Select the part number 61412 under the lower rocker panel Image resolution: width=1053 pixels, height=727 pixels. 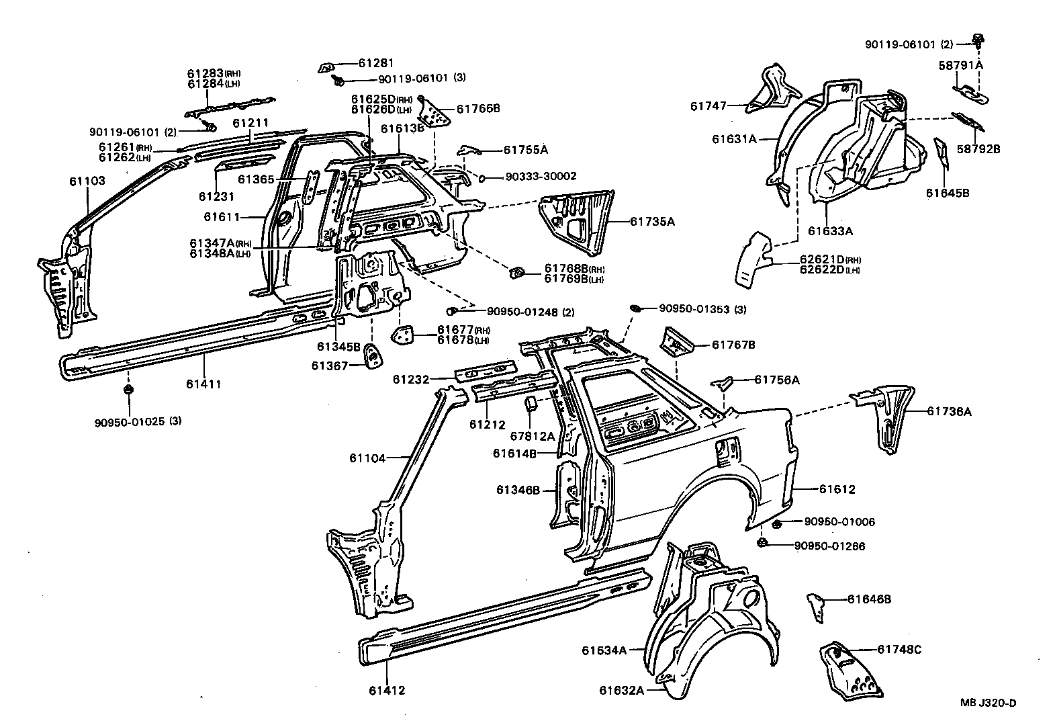387,690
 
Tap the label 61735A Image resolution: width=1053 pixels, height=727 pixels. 652,220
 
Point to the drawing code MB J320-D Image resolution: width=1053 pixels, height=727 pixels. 987,703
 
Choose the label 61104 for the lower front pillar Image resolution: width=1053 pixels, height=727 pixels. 367,458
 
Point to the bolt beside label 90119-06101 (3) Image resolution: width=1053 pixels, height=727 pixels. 338,81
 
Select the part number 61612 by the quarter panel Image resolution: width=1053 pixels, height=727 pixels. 837,489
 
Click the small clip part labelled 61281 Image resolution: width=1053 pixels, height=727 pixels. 327,67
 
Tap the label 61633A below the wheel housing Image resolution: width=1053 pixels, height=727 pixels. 830,230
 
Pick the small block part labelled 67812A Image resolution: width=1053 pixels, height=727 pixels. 530,404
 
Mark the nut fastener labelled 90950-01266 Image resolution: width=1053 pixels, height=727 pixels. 764,542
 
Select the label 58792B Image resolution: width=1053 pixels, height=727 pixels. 978,148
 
